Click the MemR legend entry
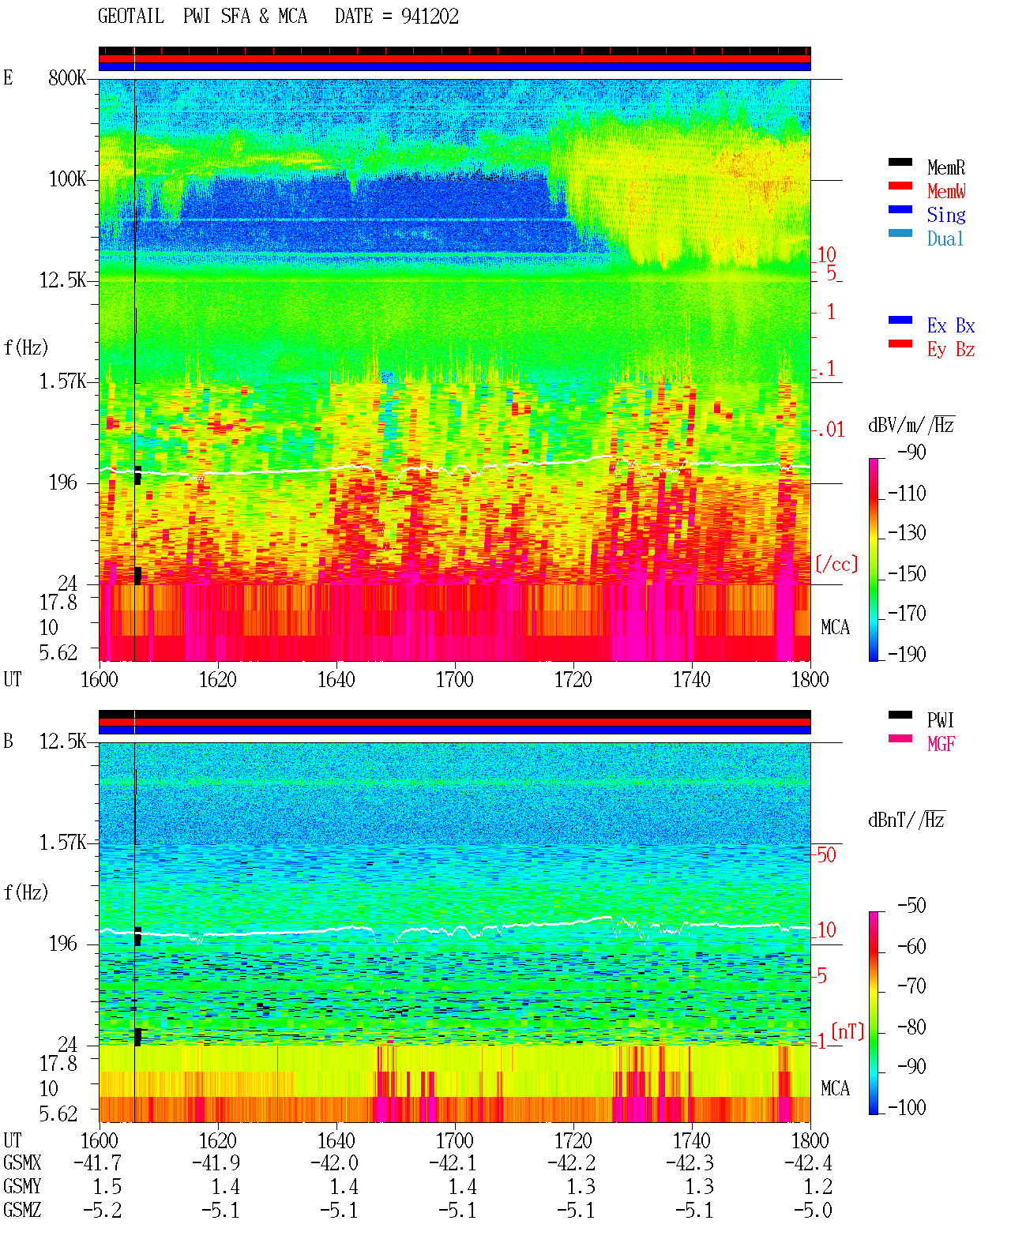click(x=945, y=167)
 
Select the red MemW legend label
click(x=945, y=191)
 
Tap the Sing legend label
click(x=945, y=215)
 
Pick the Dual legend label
click(x=945, y=238)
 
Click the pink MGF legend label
click(x=941, y=744)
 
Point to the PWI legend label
click(x=940, y=719)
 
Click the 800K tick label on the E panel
click(x=67, y=77)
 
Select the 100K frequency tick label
click(x=67, y=179)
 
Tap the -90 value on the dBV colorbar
click(x=911, y=452)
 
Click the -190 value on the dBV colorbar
click(x=907, y=654)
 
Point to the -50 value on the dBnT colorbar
click(x=911, y=906)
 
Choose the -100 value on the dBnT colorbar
click(x=907, y=1107)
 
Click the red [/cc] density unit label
click(x=836, y=564)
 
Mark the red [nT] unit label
click(x=848, y=1031)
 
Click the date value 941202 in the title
click(x=430, y=17)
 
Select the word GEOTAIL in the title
click(x=131, y=17)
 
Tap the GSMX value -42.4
click(x=808, y=1162)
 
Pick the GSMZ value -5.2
click(x=103, y=1210)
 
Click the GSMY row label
click(x=22, y=1186)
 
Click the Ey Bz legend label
click(x=951, y=349)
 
